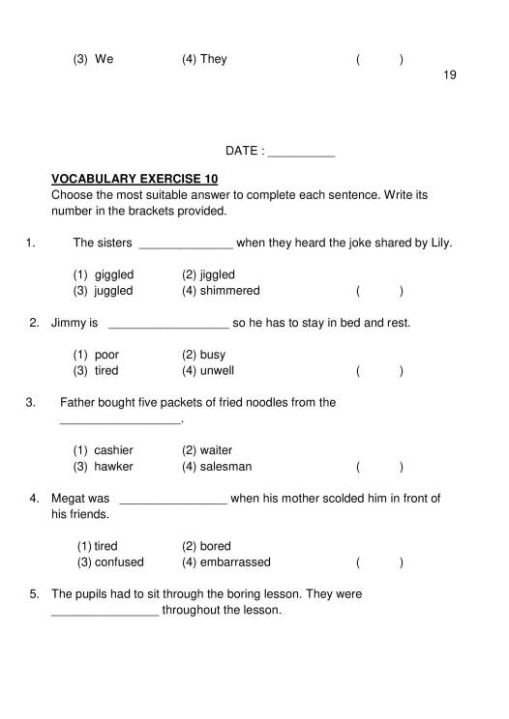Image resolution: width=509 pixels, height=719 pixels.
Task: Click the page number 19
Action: [x=449, y=75]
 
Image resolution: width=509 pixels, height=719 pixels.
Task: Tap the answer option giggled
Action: [x=114, y=274]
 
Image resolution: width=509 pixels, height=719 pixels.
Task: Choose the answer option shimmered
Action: [x=229, y=290]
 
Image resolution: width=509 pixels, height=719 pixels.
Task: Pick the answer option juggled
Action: [x=114, y=290]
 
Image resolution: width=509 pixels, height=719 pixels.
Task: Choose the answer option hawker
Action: [x=114, y=466]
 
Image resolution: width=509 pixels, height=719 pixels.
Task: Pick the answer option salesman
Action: [x=225, y=466]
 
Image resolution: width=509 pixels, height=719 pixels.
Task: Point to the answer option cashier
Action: [x=114, y=450]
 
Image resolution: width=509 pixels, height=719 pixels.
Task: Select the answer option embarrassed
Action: [x=235, y=561]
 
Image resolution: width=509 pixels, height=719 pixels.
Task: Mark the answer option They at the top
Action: [x=213, y=59]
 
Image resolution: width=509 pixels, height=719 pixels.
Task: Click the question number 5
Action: [x=34, y=594]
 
